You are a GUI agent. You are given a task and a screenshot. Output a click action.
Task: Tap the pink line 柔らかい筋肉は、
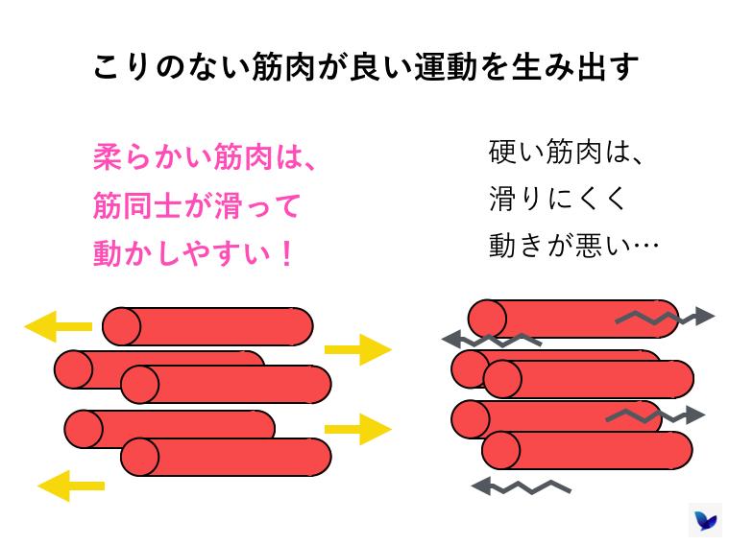[204, 157]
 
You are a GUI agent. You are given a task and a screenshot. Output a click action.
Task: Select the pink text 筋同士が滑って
[197, 205]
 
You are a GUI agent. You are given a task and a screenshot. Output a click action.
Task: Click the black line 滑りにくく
[557, 199]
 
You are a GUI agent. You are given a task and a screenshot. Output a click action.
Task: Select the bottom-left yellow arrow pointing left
[70, 485]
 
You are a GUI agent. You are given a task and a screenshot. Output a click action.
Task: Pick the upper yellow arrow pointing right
[357, 349]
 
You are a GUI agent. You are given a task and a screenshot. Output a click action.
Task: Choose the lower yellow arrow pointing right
[357, 428]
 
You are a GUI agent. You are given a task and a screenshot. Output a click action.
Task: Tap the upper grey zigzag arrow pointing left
[490, 339]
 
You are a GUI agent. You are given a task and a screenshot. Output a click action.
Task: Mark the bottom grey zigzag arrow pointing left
[520, 486]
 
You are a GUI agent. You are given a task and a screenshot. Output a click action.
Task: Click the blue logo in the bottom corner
[706, 520]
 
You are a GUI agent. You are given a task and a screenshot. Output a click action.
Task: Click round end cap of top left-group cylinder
[122, 326]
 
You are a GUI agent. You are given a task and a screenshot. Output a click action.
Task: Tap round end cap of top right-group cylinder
[487, 319]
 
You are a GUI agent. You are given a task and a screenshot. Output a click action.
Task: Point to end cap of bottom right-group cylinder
[500, 451]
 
